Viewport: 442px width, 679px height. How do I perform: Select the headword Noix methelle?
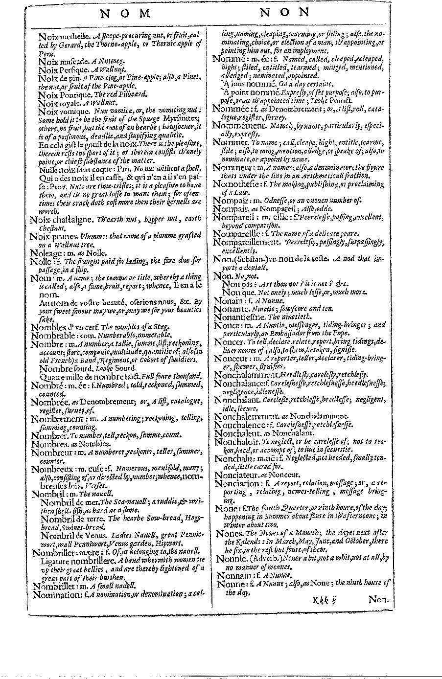click(63, 36)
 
